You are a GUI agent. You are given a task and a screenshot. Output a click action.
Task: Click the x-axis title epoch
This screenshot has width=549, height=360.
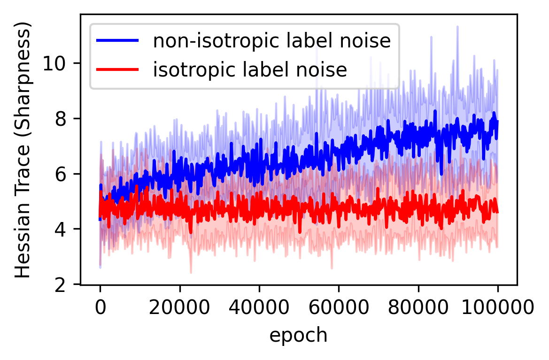click(298, 335)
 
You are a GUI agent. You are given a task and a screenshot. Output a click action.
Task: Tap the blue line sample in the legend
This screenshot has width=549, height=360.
click(117, 41)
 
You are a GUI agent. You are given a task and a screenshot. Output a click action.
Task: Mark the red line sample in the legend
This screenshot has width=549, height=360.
click(117, 69)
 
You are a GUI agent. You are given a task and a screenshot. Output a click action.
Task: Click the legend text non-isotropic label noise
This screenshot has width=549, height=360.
click(272, 41)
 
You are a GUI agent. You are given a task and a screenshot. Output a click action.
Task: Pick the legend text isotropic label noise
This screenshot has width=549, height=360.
click(249, 69)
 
